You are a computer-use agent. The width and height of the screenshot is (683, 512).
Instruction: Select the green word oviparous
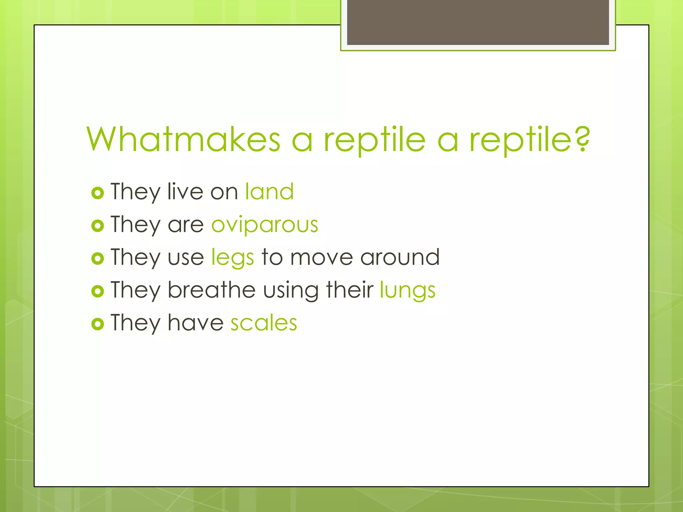265,225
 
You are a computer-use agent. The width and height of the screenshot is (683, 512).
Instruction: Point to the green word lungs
408,290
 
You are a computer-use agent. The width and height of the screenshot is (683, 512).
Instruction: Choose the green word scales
263,323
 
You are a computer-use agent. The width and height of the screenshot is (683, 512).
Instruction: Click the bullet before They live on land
97,193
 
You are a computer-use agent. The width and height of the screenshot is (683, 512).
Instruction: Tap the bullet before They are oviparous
97,226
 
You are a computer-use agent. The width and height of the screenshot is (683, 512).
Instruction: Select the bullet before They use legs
97,258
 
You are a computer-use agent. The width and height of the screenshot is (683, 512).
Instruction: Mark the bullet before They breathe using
97,291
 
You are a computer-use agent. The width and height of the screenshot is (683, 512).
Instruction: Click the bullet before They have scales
97,324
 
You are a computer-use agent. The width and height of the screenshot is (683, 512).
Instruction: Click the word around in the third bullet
400,257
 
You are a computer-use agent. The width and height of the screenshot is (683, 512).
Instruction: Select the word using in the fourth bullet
291,290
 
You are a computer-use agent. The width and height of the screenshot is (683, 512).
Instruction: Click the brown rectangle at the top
478,22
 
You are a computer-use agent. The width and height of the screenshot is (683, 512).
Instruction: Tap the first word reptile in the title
375,140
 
